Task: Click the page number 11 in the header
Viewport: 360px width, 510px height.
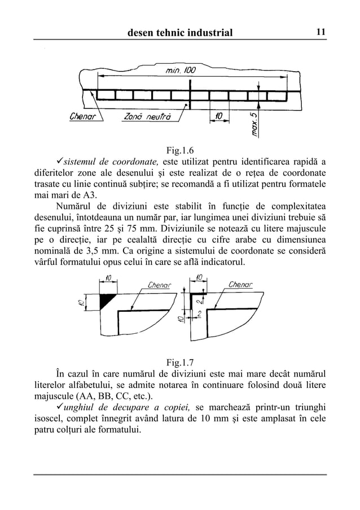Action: pos(320,33)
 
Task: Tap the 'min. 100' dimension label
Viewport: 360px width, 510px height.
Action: pos(180,71)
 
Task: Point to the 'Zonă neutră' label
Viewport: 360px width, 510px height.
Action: pos(146,117)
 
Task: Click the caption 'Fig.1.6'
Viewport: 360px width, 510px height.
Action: pos(180,150)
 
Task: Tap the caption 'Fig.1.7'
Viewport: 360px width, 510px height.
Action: pos(180,361)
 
